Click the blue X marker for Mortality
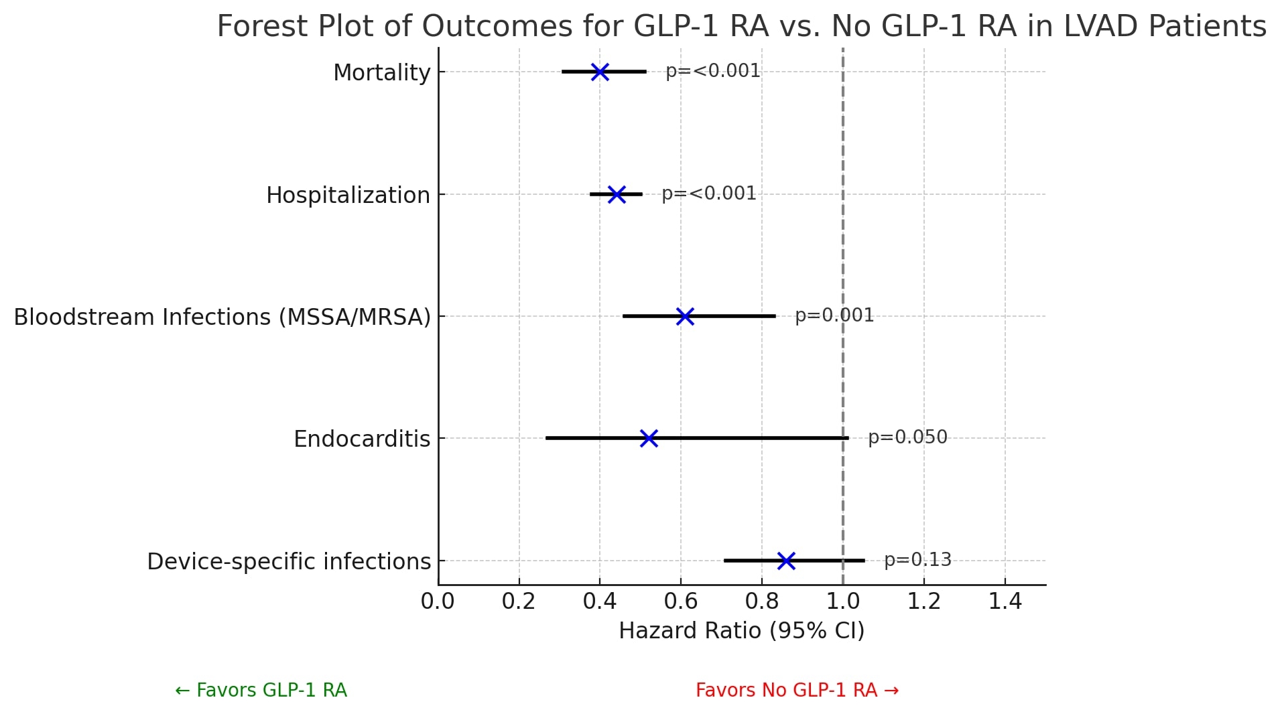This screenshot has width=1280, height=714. [600, 72]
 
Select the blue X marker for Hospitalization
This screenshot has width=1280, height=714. [617, 194]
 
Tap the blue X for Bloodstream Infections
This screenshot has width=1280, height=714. [685, 316]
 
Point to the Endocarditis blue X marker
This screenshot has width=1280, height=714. [649, 438]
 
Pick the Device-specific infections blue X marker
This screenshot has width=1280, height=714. [786, 561]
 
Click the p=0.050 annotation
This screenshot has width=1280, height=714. [907, 437]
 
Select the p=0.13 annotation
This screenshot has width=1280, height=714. [917, 560]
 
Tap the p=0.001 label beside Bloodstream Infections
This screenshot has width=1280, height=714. [834, 315]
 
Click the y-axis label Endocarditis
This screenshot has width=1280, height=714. [362, 439]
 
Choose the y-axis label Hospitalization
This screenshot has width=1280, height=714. [348, 196]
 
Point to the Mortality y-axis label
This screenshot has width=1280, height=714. [381, 73]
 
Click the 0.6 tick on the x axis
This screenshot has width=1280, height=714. [681, 601]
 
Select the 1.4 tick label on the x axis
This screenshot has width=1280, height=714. [1005, 601]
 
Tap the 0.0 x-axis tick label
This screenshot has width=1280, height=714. [438, 601]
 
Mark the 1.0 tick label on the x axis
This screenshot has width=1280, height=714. [843, 601]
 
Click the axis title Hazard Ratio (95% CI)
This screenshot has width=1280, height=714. [741, 631]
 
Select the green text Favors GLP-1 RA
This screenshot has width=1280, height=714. [261, 691]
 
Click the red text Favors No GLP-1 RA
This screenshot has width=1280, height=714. [797, 691]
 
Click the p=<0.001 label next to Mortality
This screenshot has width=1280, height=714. [713, 71]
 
